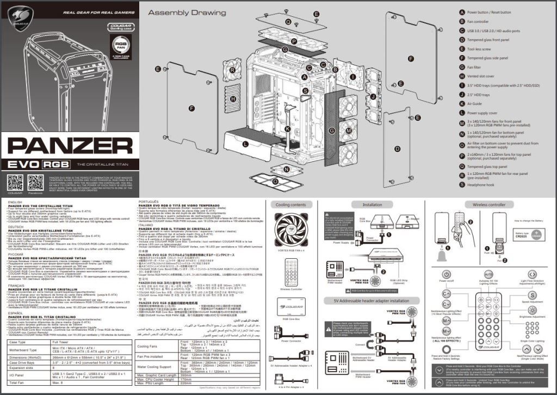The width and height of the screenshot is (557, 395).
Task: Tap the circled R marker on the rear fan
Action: (232, 70)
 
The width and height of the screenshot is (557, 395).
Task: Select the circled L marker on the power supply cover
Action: (246, 144)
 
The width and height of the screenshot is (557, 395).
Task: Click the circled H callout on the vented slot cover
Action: (233, 99)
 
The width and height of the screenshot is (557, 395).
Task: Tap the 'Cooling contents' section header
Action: (290, 205)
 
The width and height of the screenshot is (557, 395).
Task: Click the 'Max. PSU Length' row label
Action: (154, 384)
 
